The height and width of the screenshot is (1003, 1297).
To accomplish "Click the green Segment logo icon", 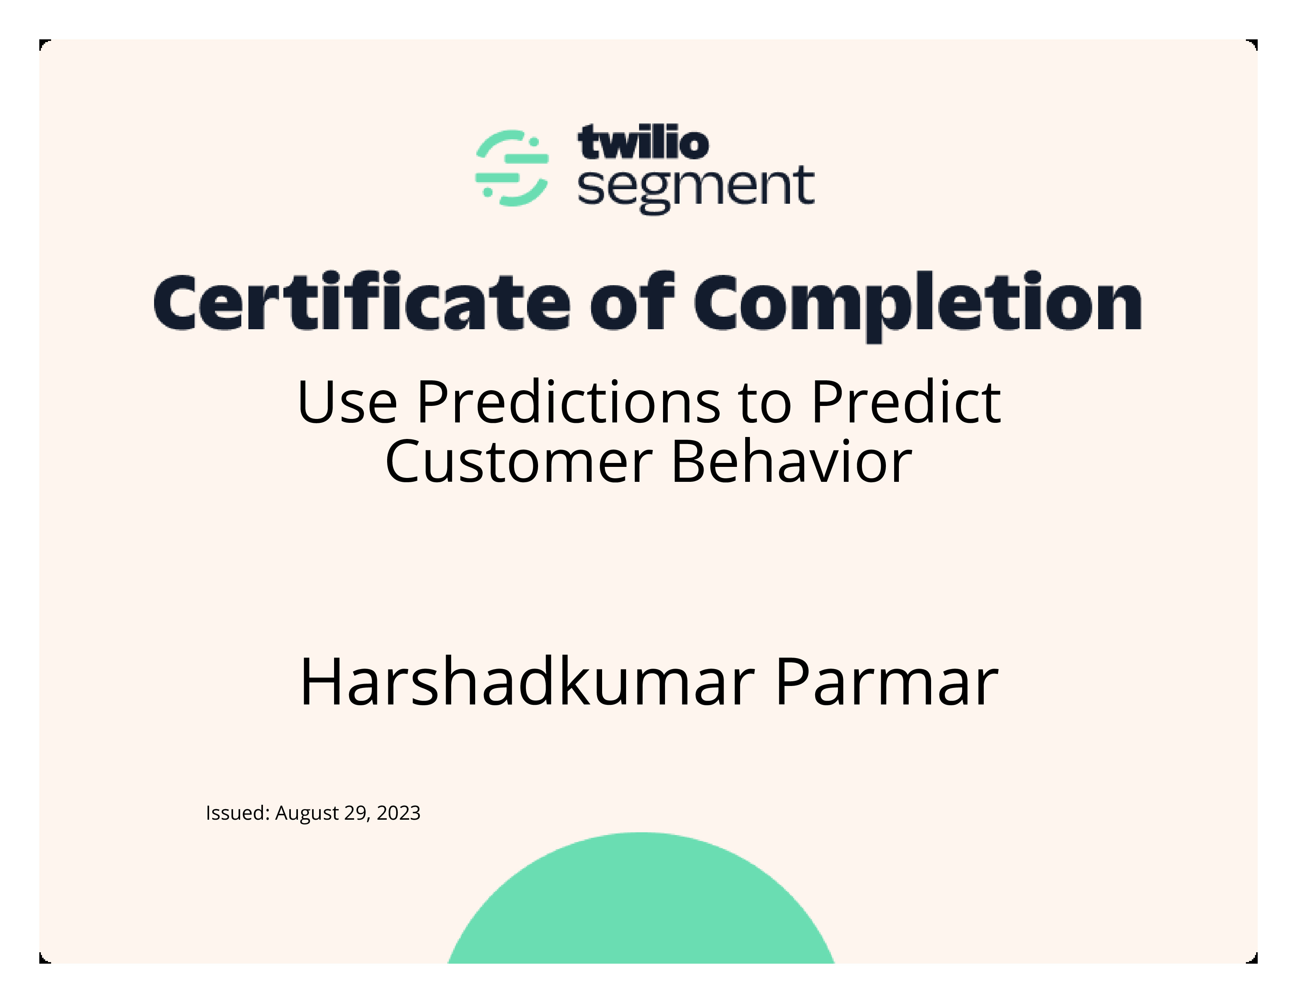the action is click(512, 168).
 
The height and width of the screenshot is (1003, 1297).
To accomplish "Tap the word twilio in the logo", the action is click(643, 143).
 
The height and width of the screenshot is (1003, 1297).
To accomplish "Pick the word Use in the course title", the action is click(347, 402).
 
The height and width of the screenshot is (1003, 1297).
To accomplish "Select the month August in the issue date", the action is click(307, 813).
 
